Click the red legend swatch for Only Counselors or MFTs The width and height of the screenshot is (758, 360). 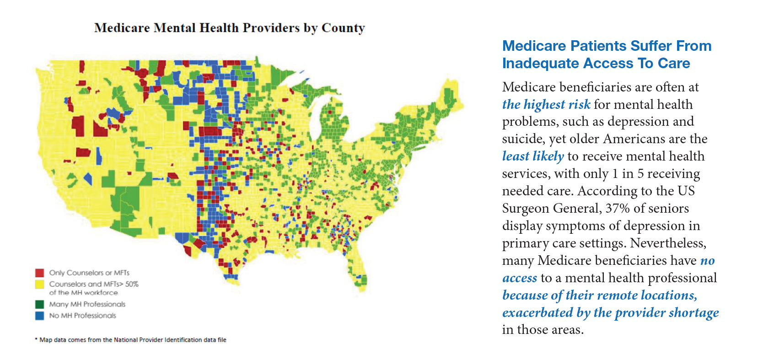[x=40, y=273]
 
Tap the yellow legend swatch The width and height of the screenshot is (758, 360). [x=40, y=284]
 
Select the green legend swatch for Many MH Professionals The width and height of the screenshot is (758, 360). [x=40, y=304]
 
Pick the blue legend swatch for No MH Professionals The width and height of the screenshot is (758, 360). [x=40, y=316]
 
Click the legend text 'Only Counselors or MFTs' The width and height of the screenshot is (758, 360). [x=89, y=273]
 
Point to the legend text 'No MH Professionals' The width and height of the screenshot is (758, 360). [x=82, y=316]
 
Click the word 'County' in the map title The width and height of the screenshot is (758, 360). [x=343, y=28]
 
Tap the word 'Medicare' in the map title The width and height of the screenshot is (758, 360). [x=122, y=28]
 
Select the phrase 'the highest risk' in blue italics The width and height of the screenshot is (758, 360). [x=547, y=104]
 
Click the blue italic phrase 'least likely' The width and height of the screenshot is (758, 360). [x=533, y=156]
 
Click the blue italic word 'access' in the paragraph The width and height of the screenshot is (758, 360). [x=519, y=278]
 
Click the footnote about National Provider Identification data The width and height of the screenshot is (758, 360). [x=131, y=340]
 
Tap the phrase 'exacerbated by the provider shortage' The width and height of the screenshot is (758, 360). [x=610, y=312]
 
